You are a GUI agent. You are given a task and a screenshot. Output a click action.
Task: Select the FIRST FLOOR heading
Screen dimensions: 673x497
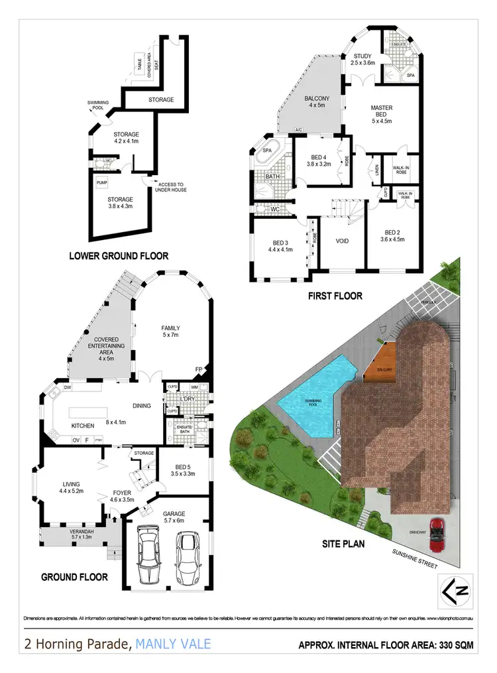335,296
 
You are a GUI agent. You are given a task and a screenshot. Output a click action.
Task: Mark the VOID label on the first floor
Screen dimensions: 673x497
343,241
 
